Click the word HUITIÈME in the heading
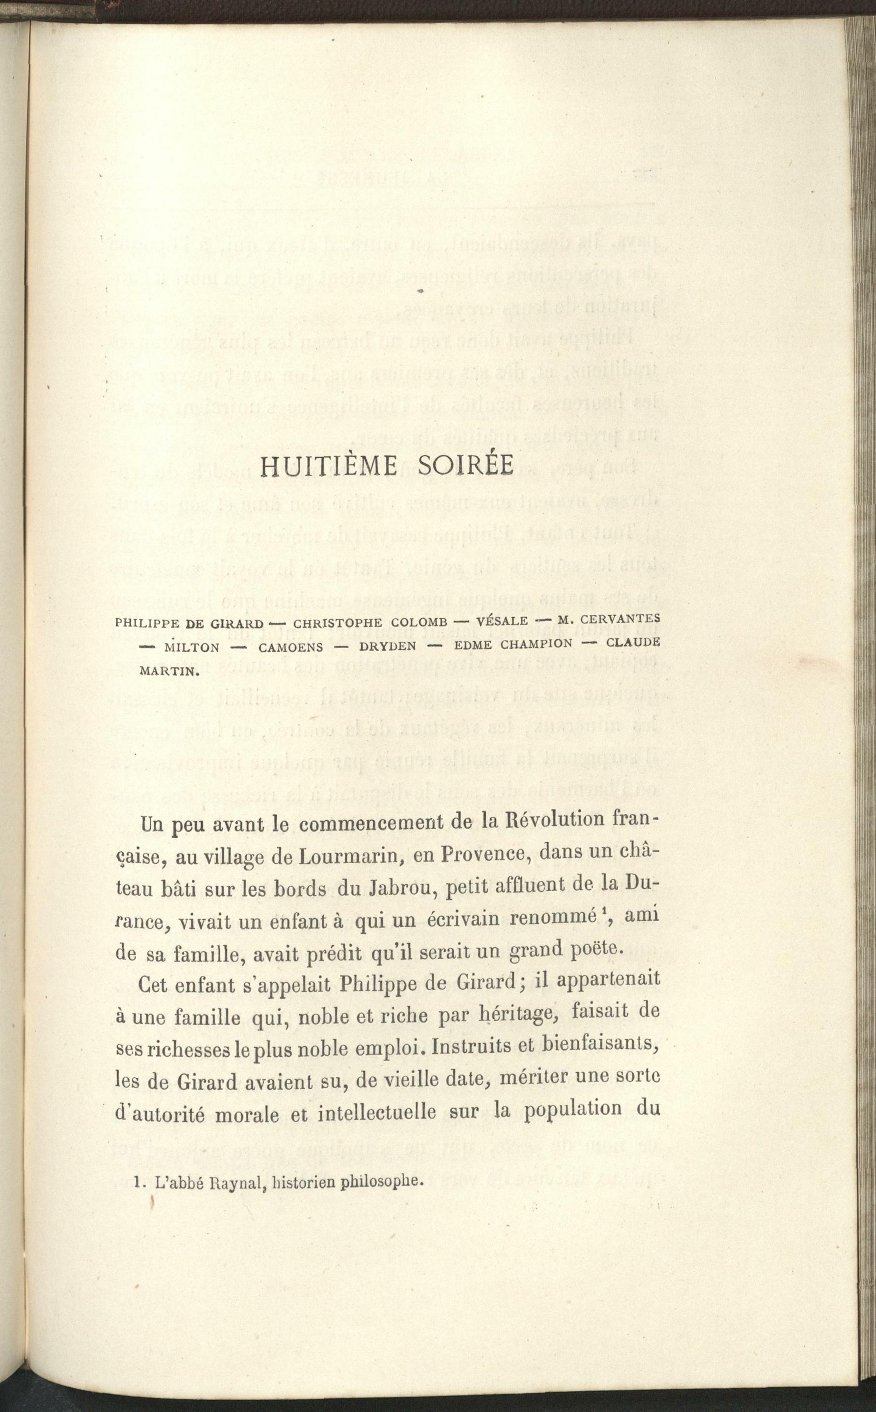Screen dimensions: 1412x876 coord(327,467)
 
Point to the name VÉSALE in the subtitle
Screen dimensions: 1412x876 coord(502,621)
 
